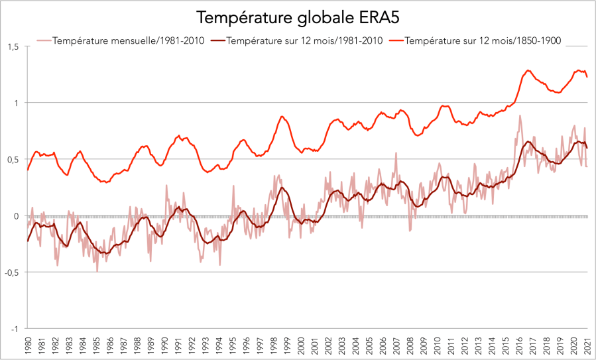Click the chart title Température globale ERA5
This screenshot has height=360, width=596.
point(297,16)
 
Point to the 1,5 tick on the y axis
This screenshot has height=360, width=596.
point(12,46)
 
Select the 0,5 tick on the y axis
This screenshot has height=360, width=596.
point(12,159)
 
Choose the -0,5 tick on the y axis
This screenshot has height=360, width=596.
point(11,272)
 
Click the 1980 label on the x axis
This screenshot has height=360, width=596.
point(27,346)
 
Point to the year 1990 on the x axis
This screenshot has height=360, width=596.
point(164,346)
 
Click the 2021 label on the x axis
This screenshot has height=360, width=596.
point(587,346)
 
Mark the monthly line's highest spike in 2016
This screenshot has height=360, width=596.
point(520,115)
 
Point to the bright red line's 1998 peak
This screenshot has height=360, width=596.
point(282,117)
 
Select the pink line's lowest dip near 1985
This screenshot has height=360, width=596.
point(97,271)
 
